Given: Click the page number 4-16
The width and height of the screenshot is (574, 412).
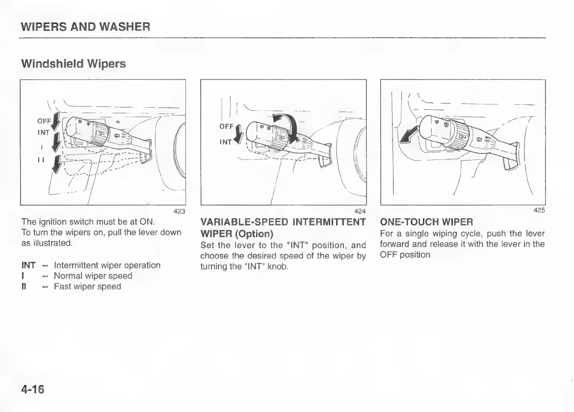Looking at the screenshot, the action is coord(33,389).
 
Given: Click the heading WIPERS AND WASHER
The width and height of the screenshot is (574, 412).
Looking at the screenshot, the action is coord(85,26).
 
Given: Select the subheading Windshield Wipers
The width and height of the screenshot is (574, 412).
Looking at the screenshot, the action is coord(73,64).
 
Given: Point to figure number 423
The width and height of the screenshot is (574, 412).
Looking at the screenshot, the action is coord(179,211).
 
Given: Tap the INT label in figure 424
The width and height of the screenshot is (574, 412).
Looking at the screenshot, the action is coord(226,142).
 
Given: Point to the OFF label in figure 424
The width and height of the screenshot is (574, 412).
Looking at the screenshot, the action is coord(226,126).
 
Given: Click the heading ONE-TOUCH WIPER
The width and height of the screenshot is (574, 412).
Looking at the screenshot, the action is coord(426,223).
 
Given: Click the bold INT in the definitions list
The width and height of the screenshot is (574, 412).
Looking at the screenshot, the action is coord(29,265).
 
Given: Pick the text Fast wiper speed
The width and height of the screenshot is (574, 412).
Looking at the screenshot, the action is coord(87,286).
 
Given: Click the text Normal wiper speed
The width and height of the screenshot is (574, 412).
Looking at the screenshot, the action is coord(93,276).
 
